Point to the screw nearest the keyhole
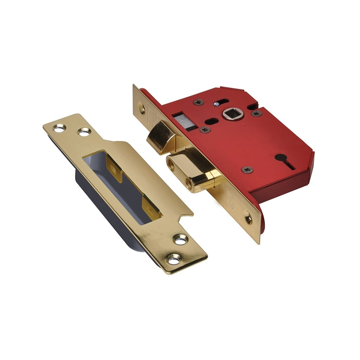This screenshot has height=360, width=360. [x=247, y=170]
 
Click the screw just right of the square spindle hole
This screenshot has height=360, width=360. [x=256, y=113]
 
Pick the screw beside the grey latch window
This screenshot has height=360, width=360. [x=205, y=130]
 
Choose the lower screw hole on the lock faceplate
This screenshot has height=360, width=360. [x=248, y=219]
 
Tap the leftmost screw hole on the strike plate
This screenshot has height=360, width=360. [x=59, y=128]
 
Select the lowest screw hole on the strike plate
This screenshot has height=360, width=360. [x=174, y=260]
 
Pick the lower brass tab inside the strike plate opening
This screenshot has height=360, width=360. [x=151, y=208]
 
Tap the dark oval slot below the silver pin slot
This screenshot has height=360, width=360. [x=211, y=121]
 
